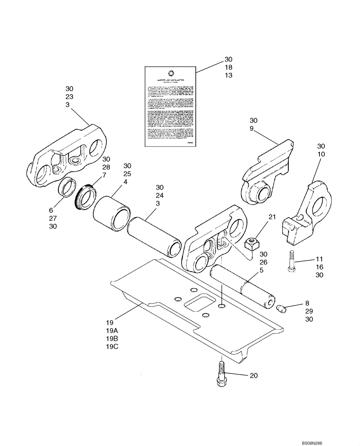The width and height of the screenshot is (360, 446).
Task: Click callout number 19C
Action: coord(112,347)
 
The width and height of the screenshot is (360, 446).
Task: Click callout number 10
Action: coord(321,154)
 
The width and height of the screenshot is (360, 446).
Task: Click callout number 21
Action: coord(272,217)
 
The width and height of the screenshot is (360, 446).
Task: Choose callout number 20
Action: coord(254,376)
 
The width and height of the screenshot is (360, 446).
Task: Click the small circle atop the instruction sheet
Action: coord(171,73)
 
